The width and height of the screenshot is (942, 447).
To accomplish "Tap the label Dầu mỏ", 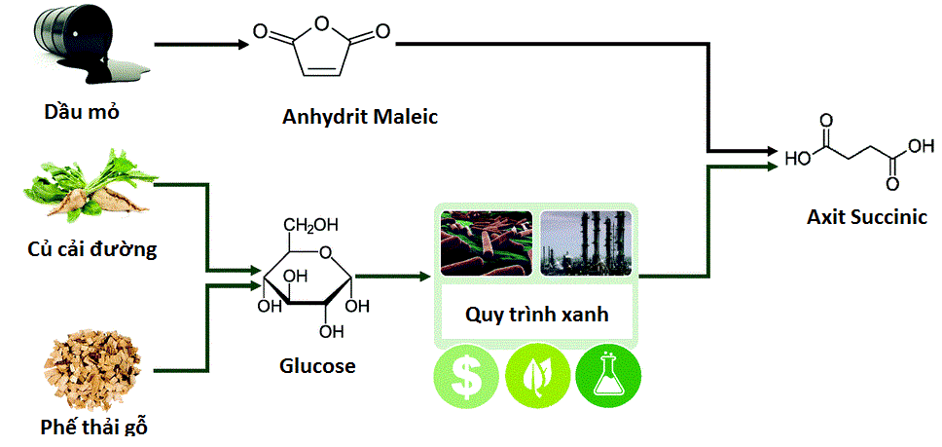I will [x=82, y=111].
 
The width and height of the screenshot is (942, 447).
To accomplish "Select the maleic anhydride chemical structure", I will [x=321, y=49].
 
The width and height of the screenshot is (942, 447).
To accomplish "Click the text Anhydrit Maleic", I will [x=360, y=117].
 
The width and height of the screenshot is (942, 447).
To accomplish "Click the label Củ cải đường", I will [x=92, y=249].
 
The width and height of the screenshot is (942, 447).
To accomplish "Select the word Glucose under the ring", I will [x=317, y=366].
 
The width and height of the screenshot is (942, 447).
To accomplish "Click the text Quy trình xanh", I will [x=536, y=315].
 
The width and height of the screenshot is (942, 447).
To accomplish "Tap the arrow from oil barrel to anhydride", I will [x=199, y=45].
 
